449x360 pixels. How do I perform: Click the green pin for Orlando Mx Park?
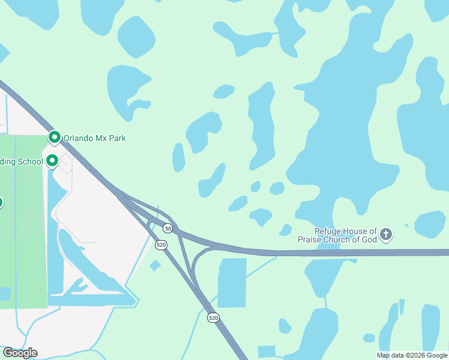click(55, 137)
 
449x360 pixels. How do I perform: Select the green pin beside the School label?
click(52, 160)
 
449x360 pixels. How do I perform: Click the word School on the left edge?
click(29, 161)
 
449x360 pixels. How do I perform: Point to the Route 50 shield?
click(168, 229)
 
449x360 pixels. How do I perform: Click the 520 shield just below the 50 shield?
click(161, 245)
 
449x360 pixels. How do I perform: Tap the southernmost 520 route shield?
click(213, 317)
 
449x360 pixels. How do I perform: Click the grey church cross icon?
click(386, 235)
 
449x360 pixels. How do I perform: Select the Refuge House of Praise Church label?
click(346, 235)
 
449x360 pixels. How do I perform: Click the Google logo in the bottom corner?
click(20, 353)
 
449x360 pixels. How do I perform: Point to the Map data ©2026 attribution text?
click(412, 355)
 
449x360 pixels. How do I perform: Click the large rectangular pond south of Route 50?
click(232, 282)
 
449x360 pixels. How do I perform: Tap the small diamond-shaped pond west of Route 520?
click(155, 265)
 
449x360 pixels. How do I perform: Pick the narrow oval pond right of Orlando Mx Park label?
click(178, 157)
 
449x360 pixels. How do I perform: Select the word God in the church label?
click(369, 239)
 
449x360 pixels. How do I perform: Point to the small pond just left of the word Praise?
click(285, 230)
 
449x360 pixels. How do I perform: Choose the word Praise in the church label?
click(311, 239)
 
